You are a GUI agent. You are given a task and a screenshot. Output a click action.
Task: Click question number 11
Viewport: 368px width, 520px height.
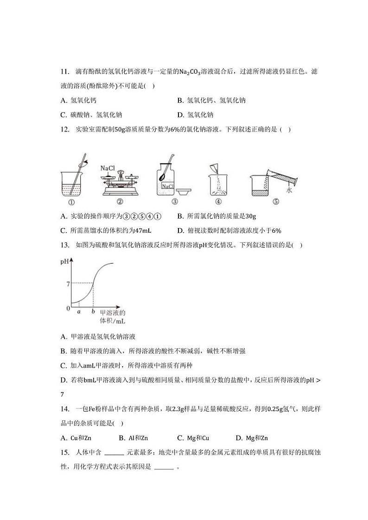point(64,71)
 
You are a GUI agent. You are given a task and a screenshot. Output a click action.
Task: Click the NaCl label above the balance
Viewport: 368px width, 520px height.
point(108,168)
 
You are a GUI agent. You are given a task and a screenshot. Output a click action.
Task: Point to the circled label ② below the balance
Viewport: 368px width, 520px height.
point(120,201)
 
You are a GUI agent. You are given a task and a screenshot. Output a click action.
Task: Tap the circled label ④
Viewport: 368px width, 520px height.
point(218,201)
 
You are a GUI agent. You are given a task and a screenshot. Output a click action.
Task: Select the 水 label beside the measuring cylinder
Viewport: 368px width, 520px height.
point(289,190)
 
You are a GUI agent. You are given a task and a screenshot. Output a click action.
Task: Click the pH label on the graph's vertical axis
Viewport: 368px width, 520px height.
point(64,262)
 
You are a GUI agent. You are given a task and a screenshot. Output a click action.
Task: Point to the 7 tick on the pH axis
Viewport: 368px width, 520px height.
point(68,283)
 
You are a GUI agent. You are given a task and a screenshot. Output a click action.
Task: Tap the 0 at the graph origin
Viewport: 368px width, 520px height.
point(68,308)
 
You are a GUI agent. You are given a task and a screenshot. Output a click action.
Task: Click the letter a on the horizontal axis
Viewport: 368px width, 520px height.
point(79,312)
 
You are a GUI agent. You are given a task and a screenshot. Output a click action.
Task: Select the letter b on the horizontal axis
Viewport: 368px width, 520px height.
point(93,312)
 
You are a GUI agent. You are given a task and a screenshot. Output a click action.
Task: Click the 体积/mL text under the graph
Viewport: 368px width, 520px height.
point(113,321)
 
